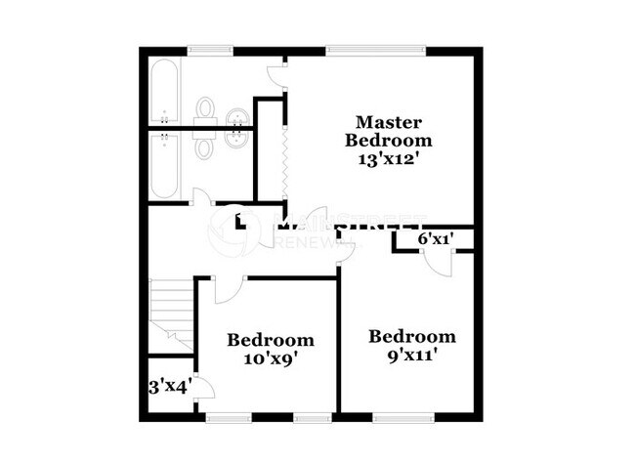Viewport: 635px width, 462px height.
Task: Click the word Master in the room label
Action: (388, 122)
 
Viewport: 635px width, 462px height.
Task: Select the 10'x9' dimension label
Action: (271, 357)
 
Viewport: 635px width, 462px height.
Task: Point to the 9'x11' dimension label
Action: (411, 355)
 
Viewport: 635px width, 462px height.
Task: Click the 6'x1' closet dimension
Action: (436, 238)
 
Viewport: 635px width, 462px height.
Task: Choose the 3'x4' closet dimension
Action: (169, 387)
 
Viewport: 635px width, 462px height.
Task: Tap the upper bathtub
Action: (163, 93)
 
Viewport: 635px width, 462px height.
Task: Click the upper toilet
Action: (206, 109)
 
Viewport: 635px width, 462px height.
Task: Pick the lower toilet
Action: (206, 147)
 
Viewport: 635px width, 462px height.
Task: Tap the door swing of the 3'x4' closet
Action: (202, 387)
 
